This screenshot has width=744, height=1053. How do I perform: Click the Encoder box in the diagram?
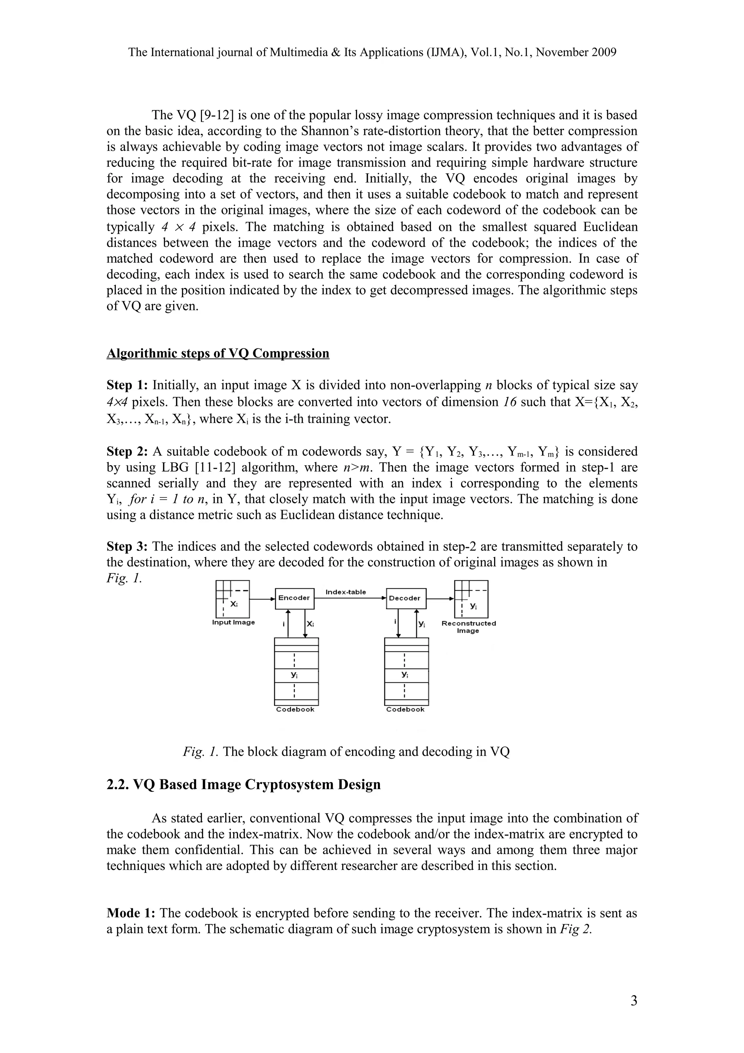pos(294,598)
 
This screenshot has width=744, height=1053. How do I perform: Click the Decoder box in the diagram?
pos(405,598)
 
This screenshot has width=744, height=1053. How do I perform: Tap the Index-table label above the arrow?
pos(345,592)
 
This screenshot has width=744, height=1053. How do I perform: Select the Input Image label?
pos(233,622)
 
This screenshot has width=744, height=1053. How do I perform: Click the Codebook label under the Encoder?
pos(295,710)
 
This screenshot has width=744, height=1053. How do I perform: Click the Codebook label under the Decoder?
pos(405,710)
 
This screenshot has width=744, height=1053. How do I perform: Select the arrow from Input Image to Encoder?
pos(262,598)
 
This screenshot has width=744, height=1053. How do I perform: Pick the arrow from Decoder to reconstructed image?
pos(440,598)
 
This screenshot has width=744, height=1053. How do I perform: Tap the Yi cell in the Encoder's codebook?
pos(295,675)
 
